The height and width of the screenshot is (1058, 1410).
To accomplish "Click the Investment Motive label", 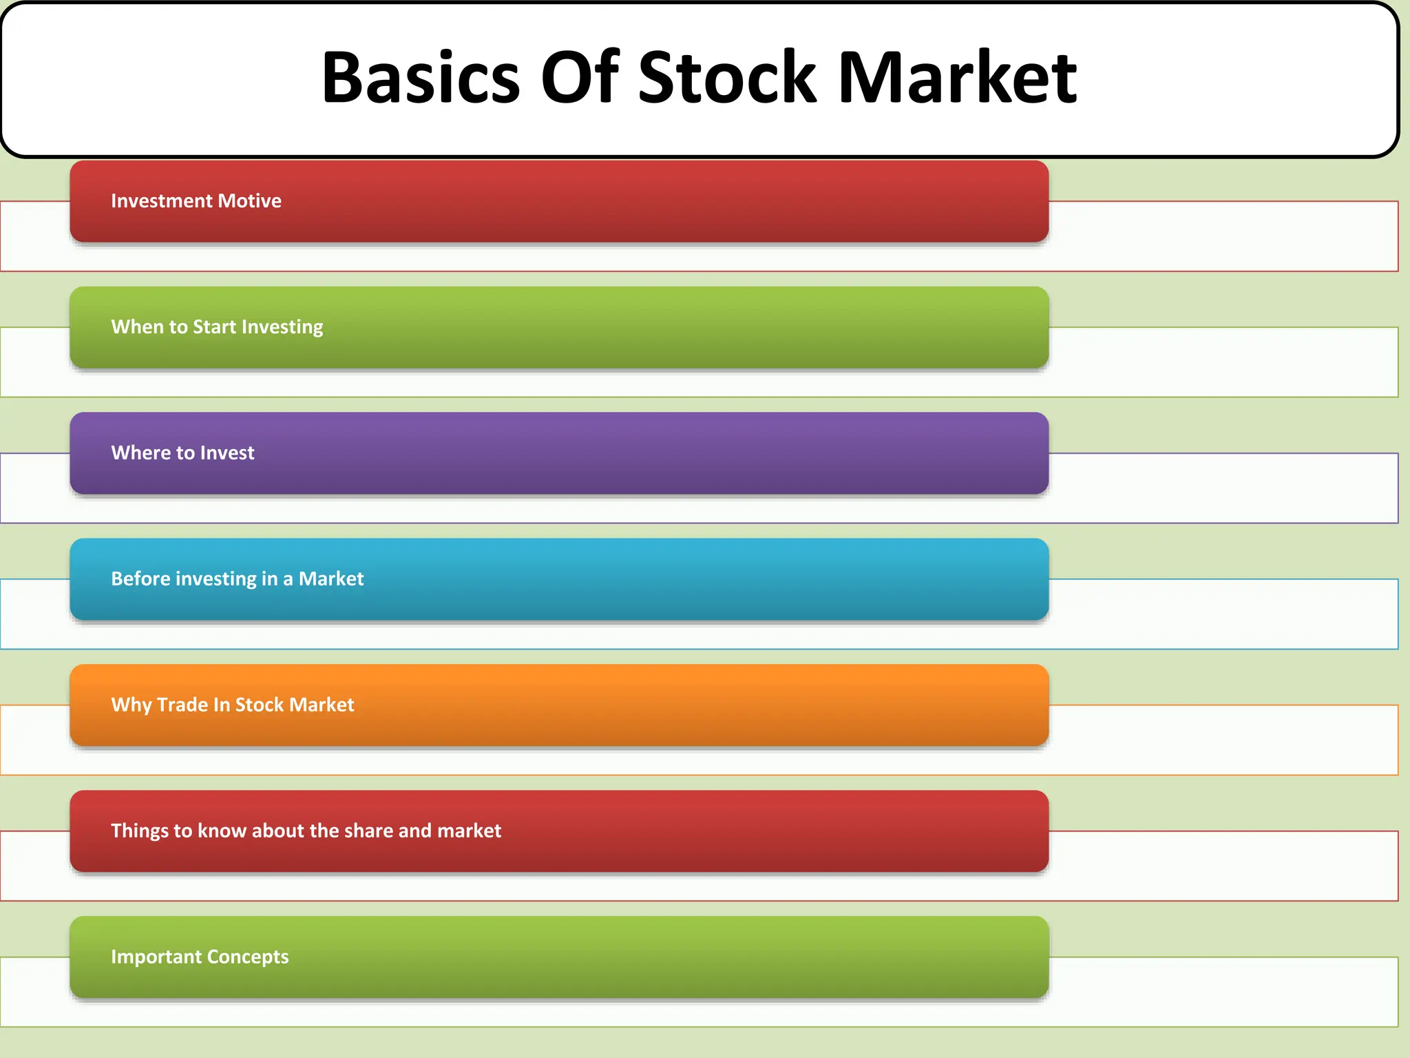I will pos(196,200).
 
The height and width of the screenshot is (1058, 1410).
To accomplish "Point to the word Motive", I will pos(249,200).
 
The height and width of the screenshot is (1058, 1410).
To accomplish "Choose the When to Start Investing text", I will pos(217,326).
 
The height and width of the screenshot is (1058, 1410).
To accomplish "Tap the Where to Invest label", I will pos(182,453).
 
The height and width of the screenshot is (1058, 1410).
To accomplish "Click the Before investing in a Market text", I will pos(237,579).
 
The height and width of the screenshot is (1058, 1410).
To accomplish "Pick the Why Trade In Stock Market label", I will pos(233,705).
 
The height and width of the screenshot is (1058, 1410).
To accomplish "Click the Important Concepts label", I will pos(200,957).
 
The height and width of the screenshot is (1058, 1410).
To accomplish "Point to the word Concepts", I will pos(248,957).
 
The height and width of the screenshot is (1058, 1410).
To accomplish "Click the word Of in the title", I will pos(580,77).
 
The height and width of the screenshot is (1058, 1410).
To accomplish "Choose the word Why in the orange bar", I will pos(131,705).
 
